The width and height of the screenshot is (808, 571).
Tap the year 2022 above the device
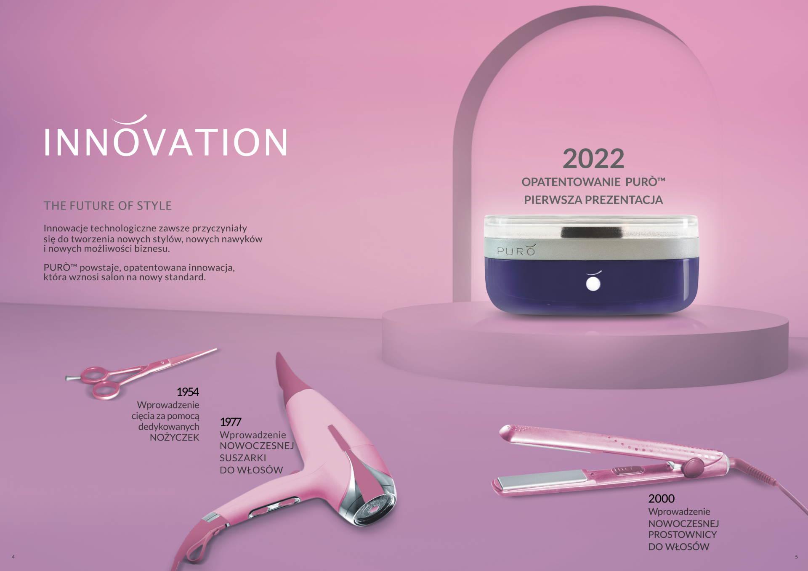[593, 159]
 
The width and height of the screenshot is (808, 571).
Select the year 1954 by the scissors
[188, 392]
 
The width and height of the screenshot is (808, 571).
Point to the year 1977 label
[231, 422]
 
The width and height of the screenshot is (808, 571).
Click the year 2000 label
[661, 499]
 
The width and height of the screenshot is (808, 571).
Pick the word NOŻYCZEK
[175, 438]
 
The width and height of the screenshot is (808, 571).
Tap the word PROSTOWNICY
[682, 534]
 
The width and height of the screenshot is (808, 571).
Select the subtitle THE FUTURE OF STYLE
[108, 206]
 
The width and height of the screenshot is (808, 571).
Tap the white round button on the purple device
[593, 284]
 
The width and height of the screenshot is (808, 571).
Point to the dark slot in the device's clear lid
[593, 232]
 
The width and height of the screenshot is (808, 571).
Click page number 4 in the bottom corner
[13, 557]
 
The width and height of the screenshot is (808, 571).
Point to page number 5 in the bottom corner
[796, 557]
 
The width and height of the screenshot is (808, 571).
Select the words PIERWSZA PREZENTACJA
[593, 200]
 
